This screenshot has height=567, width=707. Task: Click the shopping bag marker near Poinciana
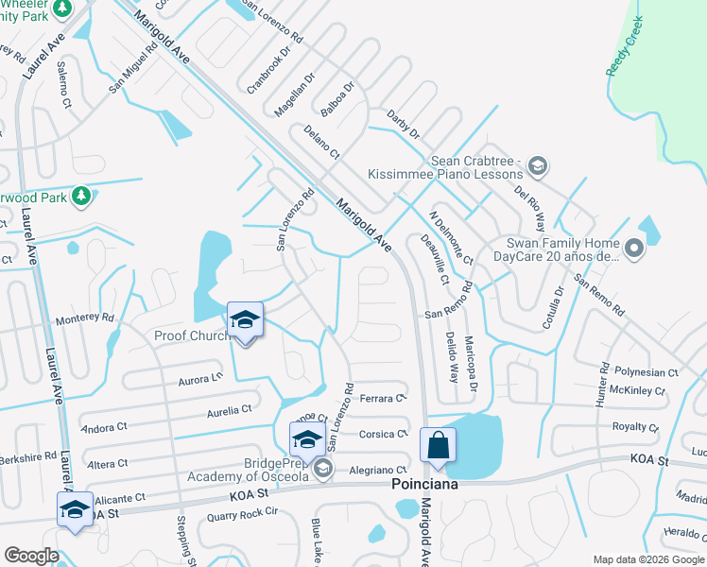click(440, 445)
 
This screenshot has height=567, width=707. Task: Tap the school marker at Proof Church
click(245, 320)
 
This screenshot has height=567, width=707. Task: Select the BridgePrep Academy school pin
click(307, 439)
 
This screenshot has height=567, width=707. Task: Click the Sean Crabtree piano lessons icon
click(537, 167)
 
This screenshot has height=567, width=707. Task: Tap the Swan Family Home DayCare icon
click(633, 249)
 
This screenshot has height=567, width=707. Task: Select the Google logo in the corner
click(31, 555)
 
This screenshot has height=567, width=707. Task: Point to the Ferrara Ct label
click(383, 399)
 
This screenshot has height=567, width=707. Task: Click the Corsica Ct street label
click(384, 434)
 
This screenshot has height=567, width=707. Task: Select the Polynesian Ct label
click(646, 373)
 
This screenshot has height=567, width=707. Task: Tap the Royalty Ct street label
click(635, 427)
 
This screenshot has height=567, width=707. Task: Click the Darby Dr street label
click(403, 124)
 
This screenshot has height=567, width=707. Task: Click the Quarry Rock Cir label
click(244, 511)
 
